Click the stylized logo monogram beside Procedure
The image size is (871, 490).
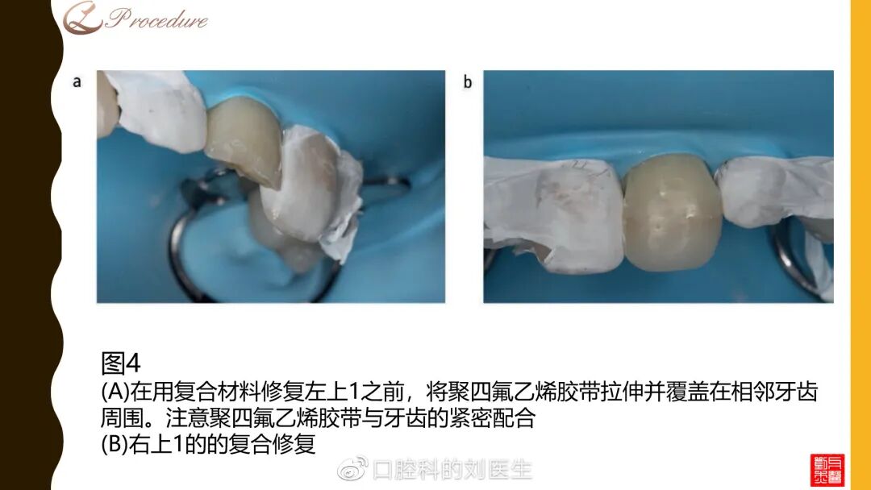(82, 18)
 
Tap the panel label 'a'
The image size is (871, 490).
(77, 81)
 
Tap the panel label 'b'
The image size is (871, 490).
(467, 81)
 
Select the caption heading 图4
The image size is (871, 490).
(120, 363)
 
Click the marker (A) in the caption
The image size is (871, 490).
(115, 392)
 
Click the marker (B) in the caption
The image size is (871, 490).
(115, 444)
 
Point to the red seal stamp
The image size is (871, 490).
(827, 470)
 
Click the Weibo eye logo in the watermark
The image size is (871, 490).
(352, 469)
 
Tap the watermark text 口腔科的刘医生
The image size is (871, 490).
(452, 470)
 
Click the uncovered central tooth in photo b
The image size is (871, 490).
(672, 213)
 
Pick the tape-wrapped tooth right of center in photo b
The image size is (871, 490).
(774, 192)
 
